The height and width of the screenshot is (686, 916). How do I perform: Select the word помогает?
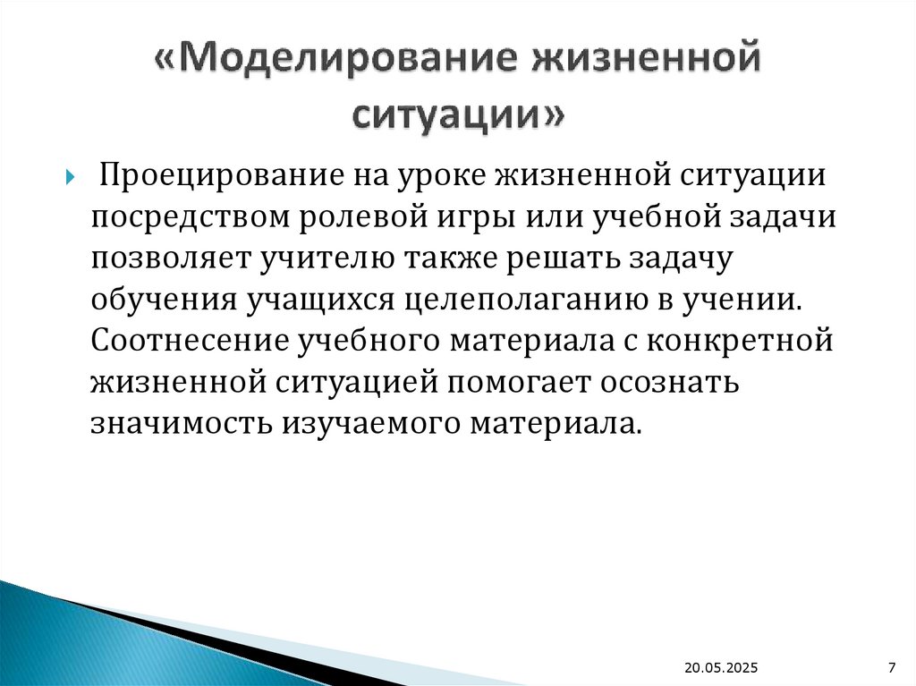(519, 382)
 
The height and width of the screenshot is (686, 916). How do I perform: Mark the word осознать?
(674, 382)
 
